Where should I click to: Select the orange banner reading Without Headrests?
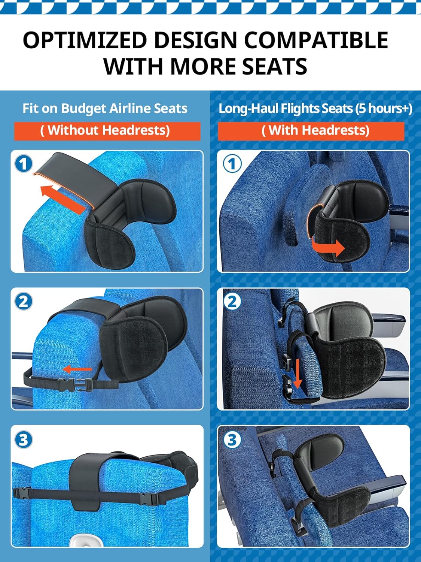click(107, 131)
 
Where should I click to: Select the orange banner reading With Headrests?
click(311, 131)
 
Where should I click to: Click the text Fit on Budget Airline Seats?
click(105, 109)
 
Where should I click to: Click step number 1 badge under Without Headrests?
click(24, 164)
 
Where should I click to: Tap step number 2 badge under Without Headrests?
click(24, 301)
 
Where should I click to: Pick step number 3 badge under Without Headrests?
click(24, 439)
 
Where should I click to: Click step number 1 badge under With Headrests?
click(232, 164)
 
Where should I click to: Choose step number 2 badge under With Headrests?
click(232, 301)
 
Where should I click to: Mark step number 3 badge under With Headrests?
click(232, 439)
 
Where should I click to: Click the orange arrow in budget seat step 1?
click(62, 199)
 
